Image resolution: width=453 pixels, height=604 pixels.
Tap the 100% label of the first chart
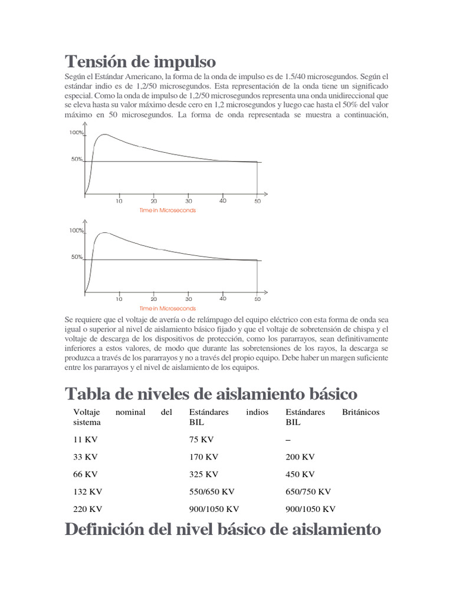click(x=76, y=133)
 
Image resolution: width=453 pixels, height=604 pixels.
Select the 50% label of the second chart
click(x=77, y=257)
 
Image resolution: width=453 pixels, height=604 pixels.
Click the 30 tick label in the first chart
click(x=188, y=201)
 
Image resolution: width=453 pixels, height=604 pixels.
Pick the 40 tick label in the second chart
click(x=223, y=298)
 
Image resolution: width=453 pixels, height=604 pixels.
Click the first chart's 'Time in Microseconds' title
click(x=168, y=211)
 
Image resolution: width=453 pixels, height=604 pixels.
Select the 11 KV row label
click(x=84, y=439)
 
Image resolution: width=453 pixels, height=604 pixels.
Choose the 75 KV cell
click(x=201, y=439)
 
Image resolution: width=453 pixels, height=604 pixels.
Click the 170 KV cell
click(x=203, y=457)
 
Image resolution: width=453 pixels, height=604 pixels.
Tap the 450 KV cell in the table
click(x=300, y=474)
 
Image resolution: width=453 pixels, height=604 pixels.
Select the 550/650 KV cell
click(x=212, y=491)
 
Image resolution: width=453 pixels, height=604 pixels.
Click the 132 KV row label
click(x=87, y=491)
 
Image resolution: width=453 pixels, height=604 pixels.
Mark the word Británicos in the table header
click(x=361, y=412)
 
